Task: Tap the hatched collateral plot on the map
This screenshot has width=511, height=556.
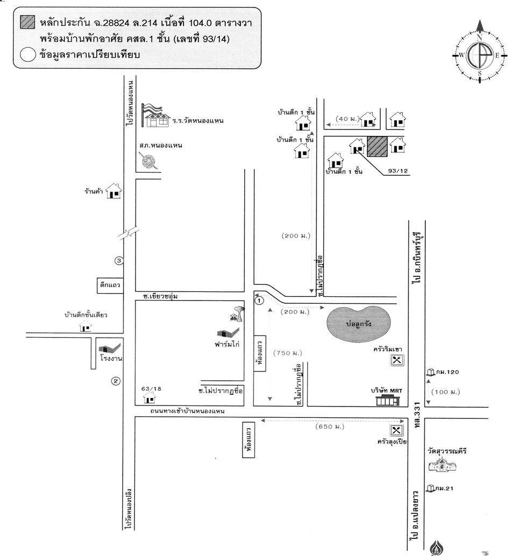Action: (x=377, y=146)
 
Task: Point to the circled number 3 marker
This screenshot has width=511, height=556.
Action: (x=119, y=261)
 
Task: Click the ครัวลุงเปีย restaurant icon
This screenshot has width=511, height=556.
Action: (x=397, y=431)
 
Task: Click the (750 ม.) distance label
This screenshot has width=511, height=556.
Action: (x=287, y=353)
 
